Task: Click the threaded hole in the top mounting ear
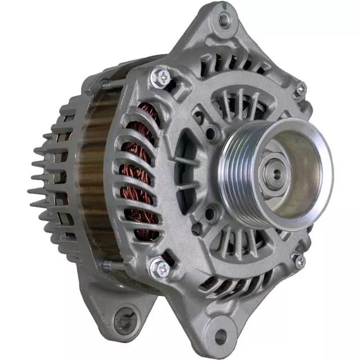[225, 21]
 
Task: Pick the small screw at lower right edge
[299, 260]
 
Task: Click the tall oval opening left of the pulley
[186, 169]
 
